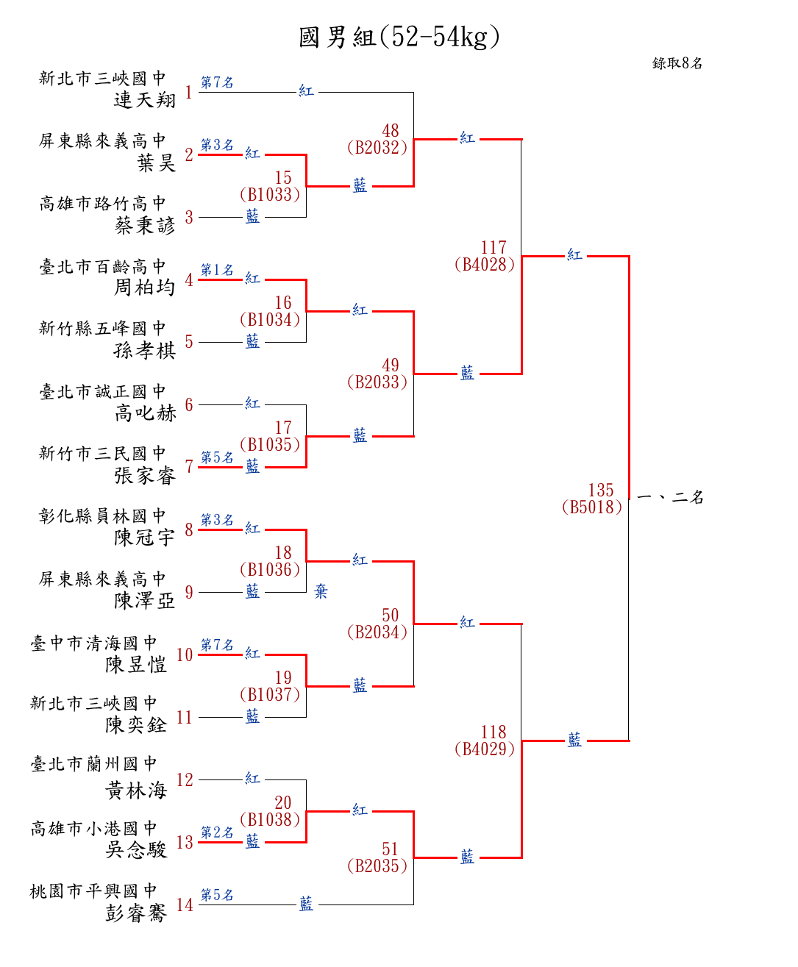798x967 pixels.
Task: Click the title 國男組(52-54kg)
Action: (x=399, y=36)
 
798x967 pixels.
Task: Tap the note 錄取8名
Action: (x=677, y=63)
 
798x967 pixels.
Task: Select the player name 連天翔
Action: (x=145, y=100)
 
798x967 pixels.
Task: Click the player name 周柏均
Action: (x=145, y=288)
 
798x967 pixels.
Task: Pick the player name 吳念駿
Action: (x=136, y=850)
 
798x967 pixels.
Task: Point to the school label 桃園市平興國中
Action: (x=93, y=891)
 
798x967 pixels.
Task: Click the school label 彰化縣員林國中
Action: (x=102, y=516)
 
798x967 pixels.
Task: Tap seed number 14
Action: (x=185, y=905)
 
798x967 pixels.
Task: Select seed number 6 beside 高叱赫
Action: (x=189, y=405)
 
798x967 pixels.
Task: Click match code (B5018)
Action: (x=592, y=507)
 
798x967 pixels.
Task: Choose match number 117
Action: (x=494, y=248)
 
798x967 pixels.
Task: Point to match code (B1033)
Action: (x=270, y=195)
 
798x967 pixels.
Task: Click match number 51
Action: (x=390, y=849)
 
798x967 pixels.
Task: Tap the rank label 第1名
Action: (x=217, y=270)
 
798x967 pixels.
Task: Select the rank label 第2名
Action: (x=217, y=832)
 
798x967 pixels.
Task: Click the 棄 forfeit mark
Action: (x=321, y=591)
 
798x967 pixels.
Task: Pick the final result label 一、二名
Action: (x=670, y=498)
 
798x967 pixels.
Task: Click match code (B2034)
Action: (x=377, y=632)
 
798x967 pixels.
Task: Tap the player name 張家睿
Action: (x=145, y=476)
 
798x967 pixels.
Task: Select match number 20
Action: (x=283, y=803)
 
